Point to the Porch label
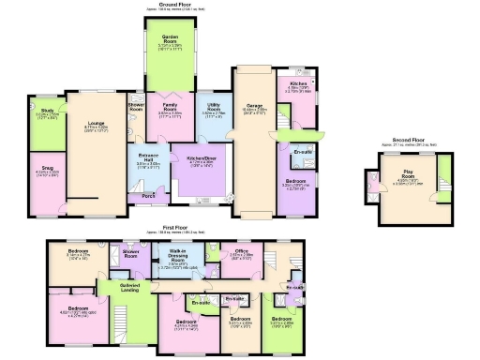(x=148, y=196)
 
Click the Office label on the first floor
(x=241, y=251)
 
